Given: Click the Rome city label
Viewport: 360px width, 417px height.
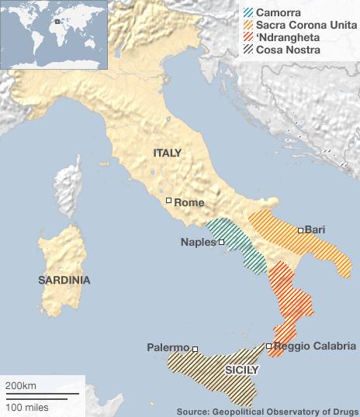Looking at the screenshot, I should click(x=189, y=202).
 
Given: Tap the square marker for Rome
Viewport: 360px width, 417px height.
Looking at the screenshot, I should click(x=168, y=202).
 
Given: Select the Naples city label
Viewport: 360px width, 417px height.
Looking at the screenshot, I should click(x=198, y=242).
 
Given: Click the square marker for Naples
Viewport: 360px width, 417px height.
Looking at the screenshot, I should click(x=222, y=243).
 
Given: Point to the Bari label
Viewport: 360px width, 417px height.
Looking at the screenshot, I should click(x=314, y=230).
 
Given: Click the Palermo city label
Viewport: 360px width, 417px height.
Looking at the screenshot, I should click(x=168, y=348).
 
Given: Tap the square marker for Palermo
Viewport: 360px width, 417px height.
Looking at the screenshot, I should click(x=195, y=349).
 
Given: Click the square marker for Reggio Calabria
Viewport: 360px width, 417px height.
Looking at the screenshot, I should click(x=268, y=346).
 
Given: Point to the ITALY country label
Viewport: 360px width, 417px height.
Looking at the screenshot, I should click(x=167, y=153).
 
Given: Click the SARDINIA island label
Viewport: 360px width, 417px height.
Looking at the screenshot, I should click(x=64, y=280).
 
